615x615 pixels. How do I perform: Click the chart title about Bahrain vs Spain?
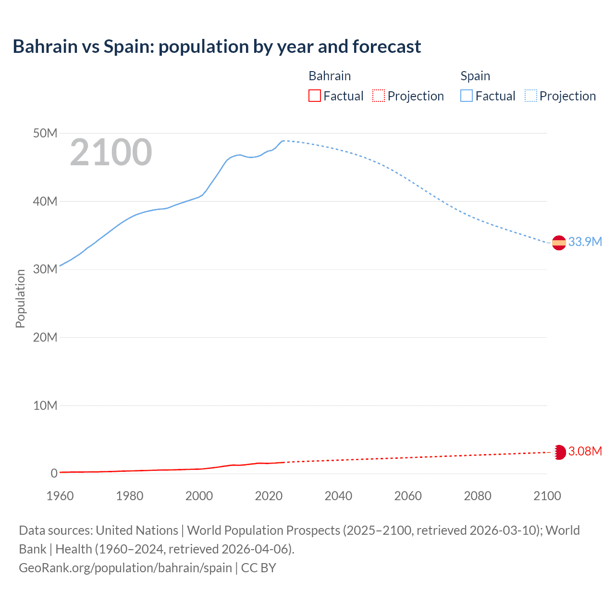click(217, 47)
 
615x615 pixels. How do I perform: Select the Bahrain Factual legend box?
click(314, 96)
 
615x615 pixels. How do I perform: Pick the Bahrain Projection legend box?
click(379, 96)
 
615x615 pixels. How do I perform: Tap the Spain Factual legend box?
click(467, 96)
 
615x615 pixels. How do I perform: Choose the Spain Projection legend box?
click(531, 96)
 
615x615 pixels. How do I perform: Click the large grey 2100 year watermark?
click(111, 152)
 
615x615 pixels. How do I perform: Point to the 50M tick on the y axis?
click(45, 133)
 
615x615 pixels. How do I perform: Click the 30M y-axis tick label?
click(45, 269)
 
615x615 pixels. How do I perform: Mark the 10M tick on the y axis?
click(45, 406)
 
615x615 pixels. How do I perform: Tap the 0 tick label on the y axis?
click(54, 473)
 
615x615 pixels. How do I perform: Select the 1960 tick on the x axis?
click(60, 496)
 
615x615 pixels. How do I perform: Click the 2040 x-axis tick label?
click(338, 496)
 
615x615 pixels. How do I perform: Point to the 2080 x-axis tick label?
click(478, 496)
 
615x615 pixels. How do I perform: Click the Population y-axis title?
click(20, 298)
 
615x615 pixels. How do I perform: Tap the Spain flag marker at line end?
click(559, 243)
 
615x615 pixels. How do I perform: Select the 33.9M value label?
click(585, 242)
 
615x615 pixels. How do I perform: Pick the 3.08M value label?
click(585, 451)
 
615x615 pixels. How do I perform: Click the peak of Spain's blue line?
click(284, 141)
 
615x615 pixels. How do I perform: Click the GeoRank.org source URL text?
click(125, 567)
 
